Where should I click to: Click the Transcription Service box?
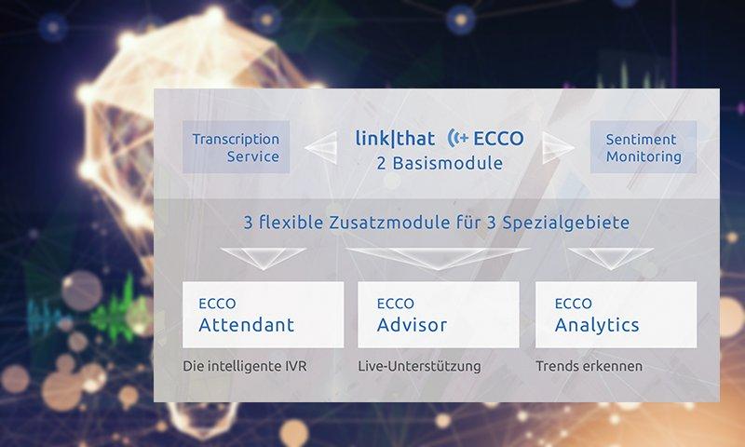click(237, 147)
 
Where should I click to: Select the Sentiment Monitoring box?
click(643, 147)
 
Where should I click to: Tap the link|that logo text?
click(395, 139)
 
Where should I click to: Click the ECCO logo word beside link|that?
click(498, 138)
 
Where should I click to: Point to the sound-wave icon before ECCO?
click(458, 138)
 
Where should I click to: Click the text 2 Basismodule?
click(440, 163)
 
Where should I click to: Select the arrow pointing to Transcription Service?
click(321, 147)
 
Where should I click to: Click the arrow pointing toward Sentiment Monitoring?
click(558, 147)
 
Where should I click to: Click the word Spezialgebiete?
click(566, 223)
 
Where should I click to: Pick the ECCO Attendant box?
click(264, 315)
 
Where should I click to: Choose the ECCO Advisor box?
click(439, 315)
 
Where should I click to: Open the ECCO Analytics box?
click(616, 315)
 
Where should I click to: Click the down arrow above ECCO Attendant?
click(264, 257)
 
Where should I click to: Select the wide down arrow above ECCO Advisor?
click(438, 257)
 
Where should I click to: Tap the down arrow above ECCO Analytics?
click(611, 257)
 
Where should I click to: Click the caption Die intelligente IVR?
click(245, 366)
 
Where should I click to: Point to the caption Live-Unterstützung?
click(420, 366)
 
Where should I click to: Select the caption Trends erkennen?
click(589, 366)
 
